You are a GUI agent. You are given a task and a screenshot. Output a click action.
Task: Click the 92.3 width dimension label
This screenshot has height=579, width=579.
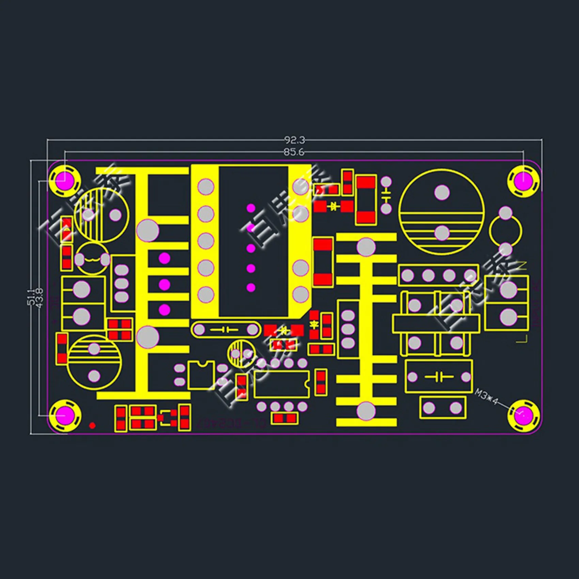click(x=295, y=140)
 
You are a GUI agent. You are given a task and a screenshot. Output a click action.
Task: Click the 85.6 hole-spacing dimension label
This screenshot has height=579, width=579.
click(x=294, y=152)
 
